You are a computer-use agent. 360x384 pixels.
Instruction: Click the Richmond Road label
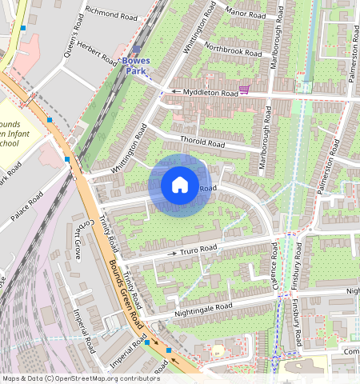(x=110, y=14)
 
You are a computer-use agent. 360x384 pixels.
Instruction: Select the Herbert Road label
(x=97, y=54)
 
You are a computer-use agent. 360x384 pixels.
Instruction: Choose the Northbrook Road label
(x=233, y=49)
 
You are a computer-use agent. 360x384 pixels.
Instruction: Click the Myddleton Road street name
(x=210, y=93)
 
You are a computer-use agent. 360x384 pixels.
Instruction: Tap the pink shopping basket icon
(x=244, y=90)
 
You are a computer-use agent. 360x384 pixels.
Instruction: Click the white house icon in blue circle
(x=180, y=186)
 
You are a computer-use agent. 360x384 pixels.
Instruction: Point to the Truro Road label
(x=198, y=250)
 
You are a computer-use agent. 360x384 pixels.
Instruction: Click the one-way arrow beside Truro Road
(x=170, y=254)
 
